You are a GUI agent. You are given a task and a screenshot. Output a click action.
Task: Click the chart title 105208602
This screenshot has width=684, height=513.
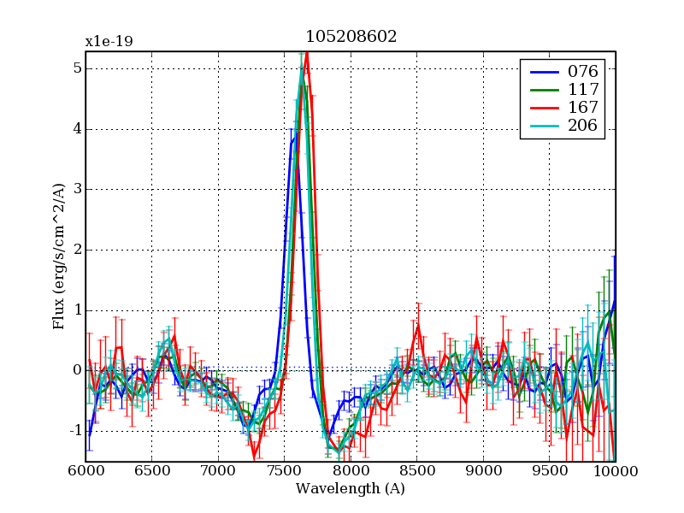click(351, 37)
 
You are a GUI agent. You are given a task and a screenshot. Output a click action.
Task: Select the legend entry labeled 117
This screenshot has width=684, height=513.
click(582, 90)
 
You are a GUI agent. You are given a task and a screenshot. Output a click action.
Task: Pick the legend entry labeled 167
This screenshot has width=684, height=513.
click(582, 109)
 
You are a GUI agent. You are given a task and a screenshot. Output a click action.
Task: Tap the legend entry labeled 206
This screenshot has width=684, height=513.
click(582, 127)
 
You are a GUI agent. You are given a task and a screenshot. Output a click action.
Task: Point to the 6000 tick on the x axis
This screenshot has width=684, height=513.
click(85, 471)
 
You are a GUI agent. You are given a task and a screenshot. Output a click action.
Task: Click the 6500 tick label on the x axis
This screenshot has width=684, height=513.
click(151, 471)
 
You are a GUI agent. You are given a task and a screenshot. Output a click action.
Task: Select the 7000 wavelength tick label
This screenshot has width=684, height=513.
click(218, 471)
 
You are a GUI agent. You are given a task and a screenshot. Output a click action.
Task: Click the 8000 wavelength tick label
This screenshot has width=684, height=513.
click(351, 471)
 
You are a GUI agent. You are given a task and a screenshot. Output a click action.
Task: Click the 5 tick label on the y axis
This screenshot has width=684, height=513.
click(76, 69)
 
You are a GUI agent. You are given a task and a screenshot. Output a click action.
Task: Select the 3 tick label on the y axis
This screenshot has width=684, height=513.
click(76, 190)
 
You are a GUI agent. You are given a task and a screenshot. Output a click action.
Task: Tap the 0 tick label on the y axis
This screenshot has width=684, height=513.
click(76, 370)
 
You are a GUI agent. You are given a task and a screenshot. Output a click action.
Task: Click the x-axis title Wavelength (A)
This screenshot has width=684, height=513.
click(351, 489)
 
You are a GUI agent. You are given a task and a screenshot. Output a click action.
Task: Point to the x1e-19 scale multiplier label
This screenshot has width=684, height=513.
click(109, 41)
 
